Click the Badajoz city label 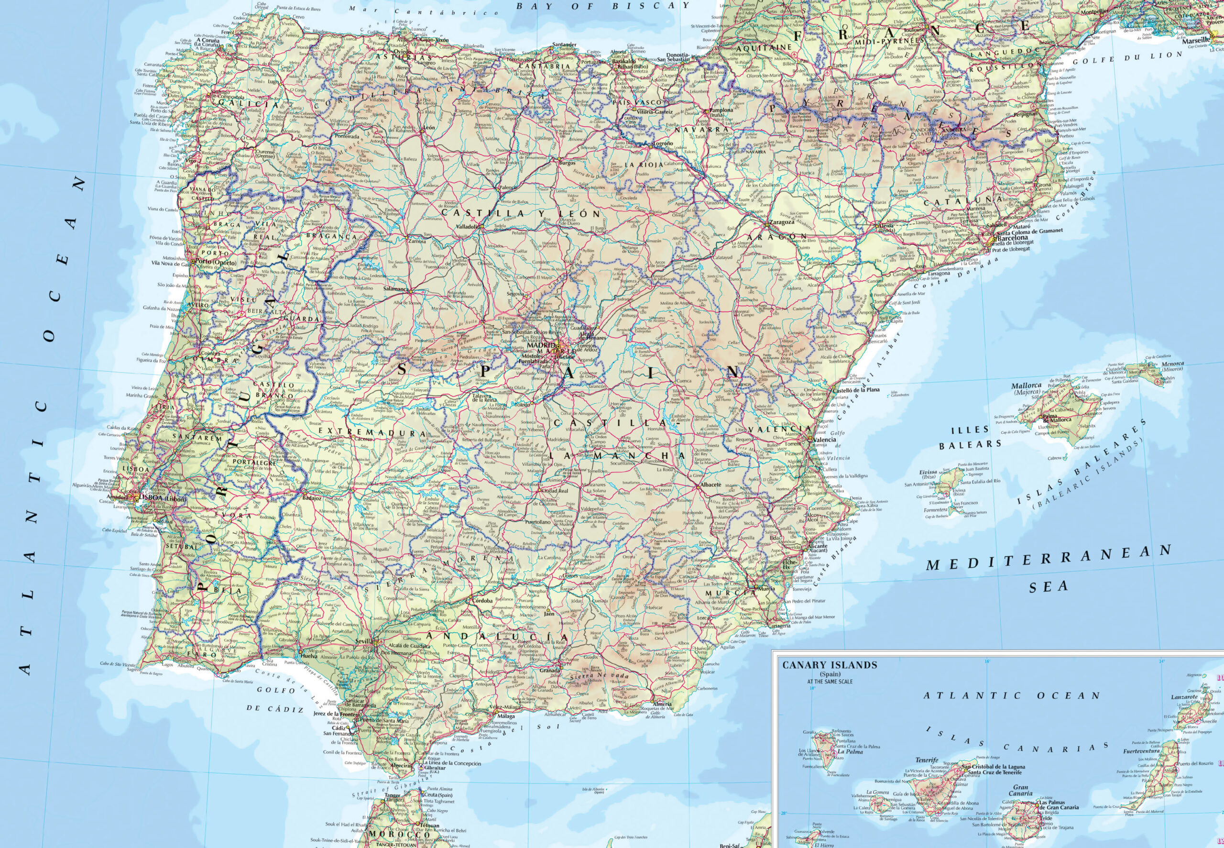tap(312, 499)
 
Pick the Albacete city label tap(710, 485)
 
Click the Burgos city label tap(567, 163)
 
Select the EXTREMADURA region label tap(376, 433)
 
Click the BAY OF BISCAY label tap(603, 6)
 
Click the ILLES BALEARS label tap(970, 437)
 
